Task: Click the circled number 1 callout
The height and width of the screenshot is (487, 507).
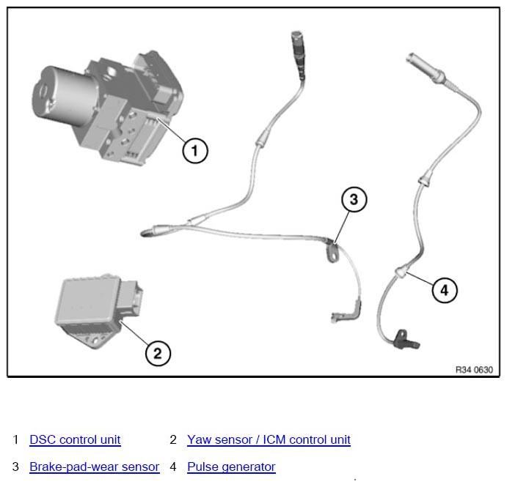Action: [195, 151]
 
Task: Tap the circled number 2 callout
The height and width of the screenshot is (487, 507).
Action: [158, 353]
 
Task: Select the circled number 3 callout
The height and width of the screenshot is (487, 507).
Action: [354, 199]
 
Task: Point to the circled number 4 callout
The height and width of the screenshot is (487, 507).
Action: [445, 290]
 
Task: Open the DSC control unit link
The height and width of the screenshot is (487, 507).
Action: [75, 439]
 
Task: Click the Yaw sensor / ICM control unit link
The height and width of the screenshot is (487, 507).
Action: [269, 439]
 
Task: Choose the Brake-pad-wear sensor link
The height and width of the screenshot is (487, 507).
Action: [95, 466]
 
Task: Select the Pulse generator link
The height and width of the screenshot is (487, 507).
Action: [232, 466]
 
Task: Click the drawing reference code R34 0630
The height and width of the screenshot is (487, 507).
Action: [474, 370]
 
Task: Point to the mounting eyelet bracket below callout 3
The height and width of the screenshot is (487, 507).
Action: [332, 253]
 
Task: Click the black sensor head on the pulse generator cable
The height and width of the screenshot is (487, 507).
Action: [406, 340]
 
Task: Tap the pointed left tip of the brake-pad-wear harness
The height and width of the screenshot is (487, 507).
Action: [142, 233]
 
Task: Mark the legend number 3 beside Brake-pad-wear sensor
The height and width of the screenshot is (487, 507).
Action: [15, 466]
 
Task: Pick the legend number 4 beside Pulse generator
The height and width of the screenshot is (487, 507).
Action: [173, 466]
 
